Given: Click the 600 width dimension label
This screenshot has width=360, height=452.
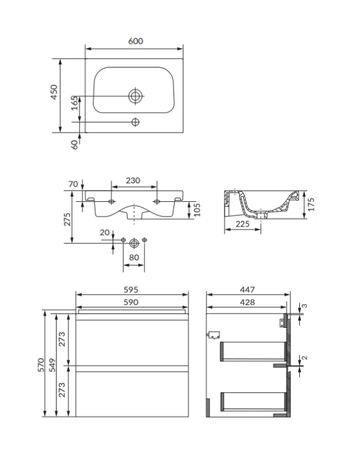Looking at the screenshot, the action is [x=135, y=41].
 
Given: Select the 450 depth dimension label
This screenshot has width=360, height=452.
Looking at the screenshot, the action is [x=54, y=92].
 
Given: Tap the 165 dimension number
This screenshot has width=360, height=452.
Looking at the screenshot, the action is [x=75, y=103].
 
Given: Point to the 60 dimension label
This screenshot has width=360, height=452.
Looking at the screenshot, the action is [x=75, y=145].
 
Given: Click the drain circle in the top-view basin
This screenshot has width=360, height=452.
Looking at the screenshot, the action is [x=135, y=96].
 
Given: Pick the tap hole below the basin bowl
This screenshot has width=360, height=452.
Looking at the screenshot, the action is [x=135, y=122].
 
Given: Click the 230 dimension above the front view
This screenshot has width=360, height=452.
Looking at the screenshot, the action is [x=133, y=180].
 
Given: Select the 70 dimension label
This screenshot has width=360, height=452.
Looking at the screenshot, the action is [x=73, y=184].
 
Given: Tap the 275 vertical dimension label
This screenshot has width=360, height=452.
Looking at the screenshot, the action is [x=67, y=219].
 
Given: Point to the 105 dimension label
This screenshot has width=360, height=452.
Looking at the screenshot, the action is [x=197, y=210].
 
